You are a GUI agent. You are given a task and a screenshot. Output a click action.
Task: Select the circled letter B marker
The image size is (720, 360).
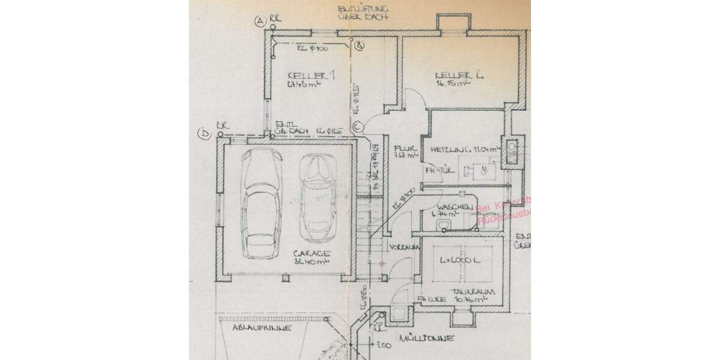(359, 45)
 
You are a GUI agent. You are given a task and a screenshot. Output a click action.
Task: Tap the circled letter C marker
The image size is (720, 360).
(358, 127)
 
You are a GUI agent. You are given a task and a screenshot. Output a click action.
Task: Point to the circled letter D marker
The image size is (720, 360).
(205, 135)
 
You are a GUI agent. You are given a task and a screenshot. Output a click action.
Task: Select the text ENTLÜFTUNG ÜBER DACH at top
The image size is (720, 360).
(364, 13)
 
